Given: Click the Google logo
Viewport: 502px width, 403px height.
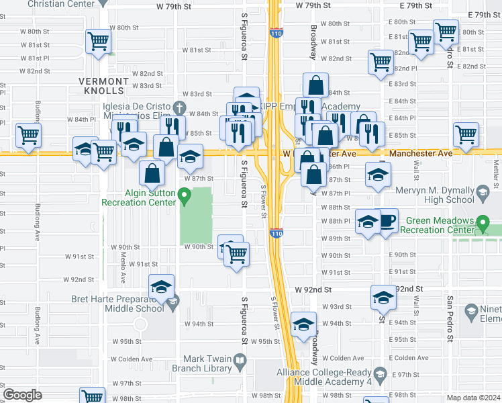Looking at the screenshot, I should tap(23, 394).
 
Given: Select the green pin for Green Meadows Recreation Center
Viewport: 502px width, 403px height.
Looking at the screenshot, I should tap(483, 222).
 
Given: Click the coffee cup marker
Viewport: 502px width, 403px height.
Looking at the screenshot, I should tap(387, 222).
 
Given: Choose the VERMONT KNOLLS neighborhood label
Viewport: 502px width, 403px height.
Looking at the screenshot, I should tap(101, 85).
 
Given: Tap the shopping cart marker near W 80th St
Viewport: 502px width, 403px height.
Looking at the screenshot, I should tap(98, 42).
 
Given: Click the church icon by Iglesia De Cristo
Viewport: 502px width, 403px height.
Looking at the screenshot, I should tap(179, 107).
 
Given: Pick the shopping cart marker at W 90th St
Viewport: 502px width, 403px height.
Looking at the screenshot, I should tap(236, 253).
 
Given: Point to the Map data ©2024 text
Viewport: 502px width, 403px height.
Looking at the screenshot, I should tap(472, 397).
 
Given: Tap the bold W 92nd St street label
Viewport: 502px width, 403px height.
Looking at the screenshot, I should tap(312, 289).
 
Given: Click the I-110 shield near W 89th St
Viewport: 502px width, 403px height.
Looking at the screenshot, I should tap(276, 233).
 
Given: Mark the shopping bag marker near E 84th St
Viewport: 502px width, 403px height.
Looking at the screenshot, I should tap(315, 86).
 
